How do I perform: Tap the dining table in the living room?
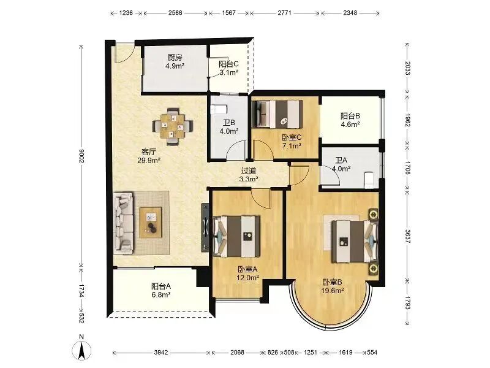click(x=172, y=126)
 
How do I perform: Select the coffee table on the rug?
click(x=151, y=223)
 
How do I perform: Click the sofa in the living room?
click(x=124, y=223)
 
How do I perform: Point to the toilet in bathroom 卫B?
click(x=219, y=109)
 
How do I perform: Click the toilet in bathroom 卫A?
click(x=369, y=180)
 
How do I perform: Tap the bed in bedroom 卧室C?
click(x=277, y=114)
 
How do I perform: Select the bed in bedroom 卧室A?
click(x=236, y=236)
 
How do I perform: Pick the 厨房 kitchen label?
click(x=175, y=57)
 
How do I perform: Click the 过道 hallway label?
click(x=249, y=171)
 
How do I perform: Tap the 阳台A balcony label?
click(x=161, y=286)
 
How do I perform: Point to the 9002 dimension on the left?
click(x=81, y=156)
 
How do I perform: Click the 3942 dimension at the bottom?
click(x=161, y=352)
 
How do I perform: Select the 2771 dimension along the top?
click(x=285, y=13)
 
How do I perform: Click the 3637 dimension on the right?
click(x=408, y=236)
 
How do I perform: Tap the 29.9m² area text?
click(x=149, y=161)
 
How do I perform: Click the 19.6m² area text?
click(x=333, y=290)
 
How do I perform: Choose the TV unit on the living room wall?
click(x=205, y=227)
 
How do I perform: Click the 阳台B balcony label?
click(x=350, y=116)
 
